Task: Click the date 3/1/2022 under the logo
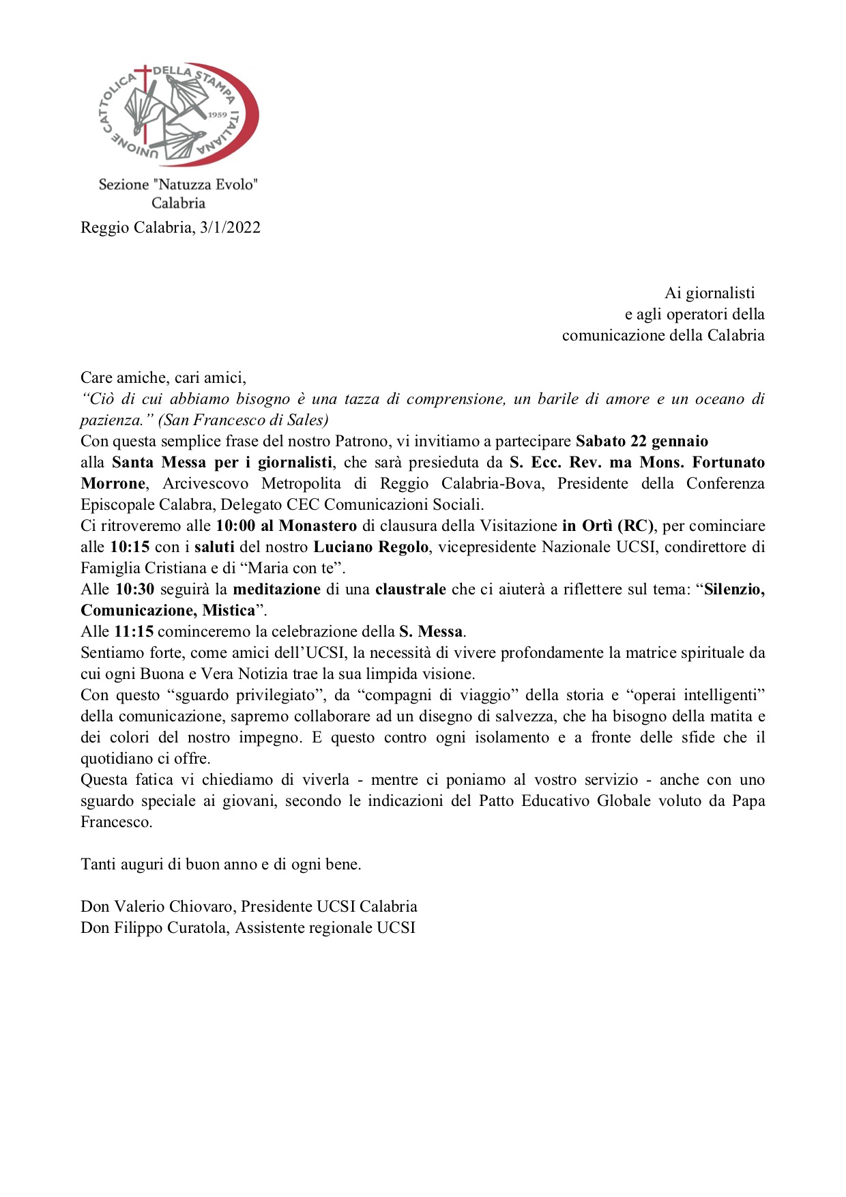click(x=230, y=228)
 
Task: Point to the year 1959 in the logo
click(x=217, y=115)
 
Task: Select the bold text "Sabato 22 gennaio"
click(x=641, y=442)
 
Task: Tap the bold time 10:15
click(x=130, y=547)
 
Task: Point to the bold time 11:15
click(x=134, y=632)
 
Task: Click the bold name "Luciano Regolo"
click(x=371, y=547)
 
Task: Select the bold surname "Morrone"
click(x=113, y=484)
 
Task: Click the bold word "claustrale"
click(x=411, y=590)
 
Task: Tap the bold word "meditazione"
click(x=276, y=590)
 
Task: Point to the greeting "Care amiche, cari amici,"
click(x=163, y=378)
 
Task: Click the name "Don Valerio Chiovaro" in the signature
click(x=158, y=907)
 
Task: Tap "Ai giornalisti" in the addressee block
click(x=710, y=293)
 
